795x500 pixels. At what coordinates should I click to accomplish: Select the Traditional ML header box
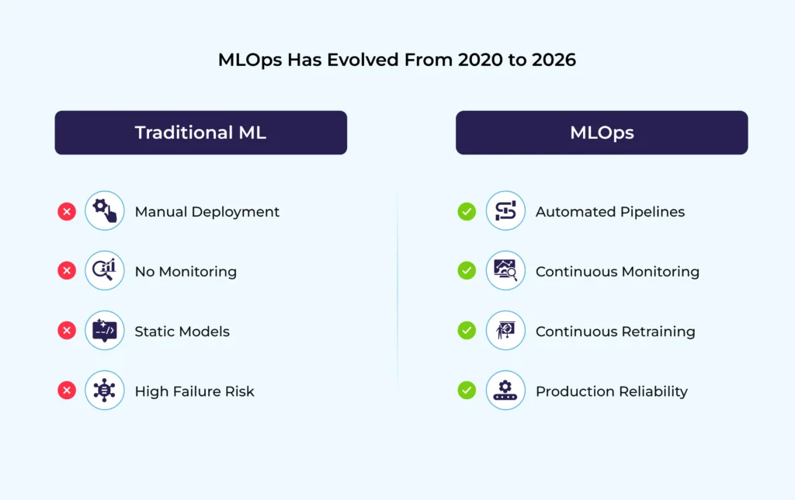(200, 133)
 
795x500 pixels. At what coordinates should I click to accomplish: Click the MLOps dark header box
(601, 133)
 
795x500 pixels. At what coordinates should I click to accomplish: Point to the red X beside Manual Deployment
(67, 211)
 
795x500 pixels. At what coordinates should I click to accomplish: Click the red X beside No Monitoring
(67, 271)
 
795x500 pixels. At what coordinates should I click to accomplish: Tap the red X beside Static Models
(67, 331)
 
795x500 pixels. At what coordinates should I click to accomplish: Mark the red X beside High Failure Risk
(67, 391)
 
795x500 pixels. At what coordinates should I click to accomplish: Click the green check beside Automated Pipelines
(467, 211)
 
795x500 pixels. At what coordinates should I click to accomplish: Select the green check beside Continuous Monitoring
(467, 271)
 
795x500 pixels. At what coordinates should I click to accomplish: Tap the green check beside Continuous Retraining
(467, 331)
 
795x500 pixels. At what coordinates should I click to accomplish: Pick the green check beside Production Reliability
(467, 391)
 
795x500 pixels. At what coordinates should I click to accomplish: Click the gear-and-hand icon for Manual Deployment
(105, 211)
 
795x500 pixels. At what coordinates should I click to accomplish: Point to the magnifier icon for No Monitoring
(105, 271)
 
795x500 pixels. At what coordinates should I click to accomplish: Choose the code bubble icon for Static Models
(105, 331)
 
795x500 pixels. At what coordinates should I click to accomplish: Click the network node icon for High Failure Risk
(105, 391)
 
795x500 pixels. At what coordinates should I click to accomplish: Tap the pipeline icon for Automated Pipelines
(505, 211)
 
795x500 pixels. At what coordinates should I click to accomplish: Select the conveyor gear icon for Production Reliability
(505, 391)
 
